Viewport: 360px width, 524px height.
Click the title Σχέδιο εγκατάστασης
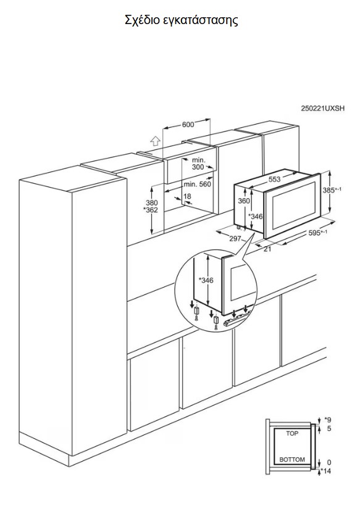click(x=182, y=20)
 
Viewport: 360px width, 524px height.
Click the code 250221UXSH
click(x=322, y=108)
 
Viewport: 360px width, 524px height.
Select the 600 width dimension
click(x=188, y=125)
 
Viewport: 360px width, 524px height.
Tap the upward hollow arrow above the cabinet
click(x=154, y=141)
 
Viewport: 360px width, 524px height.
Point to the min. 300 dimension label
click(x=198, y=164)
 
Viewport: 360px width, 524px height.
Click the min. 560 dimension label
click(x=197, y=184)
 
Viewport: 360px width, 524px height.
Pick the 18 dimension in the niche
click(x=188, y=196)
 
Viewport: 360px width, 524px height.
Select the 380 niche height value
click(x=152, y=203)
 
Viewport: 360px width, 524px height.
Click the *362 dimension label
click(x=151, y=210)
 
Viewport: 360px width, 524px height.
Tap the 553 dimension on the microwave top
click(x=274, y=180)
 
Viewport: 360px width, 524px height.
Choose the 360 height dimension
click(x=244, y=201)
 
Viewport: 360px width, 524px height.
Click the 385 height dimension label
click(x=332, y=190)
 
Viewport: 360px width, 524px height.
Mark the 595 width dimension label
click(x=317, y=233)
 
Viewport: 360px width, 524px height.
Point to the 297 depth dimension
click(x=235, y=239)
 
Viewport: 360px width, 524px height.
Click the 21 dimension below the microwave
click(x=267, y=249)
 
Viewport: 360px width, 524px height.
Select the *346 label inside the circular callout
click(x=206, y=280)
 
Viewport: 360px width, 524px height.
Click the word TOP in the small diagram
click(x=292, y=433)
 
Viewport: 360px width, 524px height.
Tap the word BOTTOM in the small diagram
click(x=292, y=459)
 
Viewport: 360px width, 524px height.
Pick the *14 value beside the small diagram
click(x=325, y=471)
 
